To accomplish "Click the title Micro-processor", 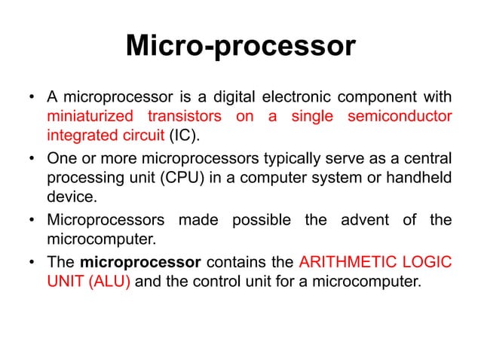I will point(240,47).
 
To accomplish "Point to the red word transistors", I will point(185,117).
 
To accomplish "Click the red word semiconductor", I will point(400,117).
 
